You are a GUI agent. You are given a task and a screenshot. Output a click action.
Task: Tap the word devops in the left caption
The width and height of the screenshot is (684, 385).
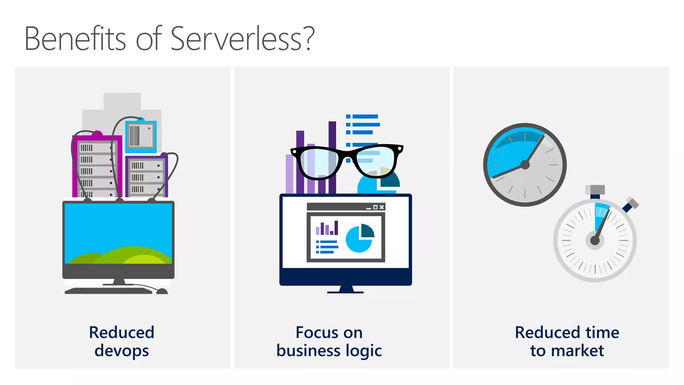pos(122,351)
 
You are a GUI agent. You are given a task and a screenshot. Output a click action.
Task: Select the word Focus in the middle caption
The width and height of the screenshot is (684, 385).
pos(317,333)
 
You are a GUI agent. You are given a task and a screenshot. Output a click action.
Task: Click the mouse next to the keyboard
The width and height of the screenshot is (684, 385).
pos(162,291)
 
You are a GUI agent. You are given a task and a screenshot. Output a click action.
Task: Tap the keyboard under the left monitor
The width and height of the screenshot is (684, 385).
pos(108,291)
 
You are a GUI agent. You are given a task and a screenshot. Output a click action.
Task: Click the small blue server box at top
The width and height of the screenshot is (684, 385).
pos(141,136)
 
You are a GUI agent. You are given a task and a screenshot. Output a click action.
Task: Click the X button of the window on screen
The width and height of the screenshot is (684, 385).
pos(382,207)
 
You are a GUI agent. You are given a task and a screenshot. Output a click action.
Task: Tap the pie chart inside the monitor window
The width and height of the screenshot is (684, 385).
pos(359,238)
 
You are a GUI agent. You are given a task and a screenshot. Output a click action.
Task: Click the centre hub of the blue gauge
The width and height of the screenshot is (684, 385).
pos(525,165)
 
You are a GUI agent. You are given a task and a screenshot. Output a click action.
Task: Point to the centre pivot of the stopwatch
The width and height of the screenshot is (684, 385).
pos(595,240)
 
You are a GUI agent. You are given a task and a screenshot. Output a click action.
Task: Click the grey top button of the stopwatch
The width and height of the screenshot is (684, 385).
pos(595,190)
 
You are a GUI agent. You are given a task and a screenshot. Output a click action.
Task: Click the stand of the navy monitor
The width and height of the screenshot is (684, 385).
pos(346,289)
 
